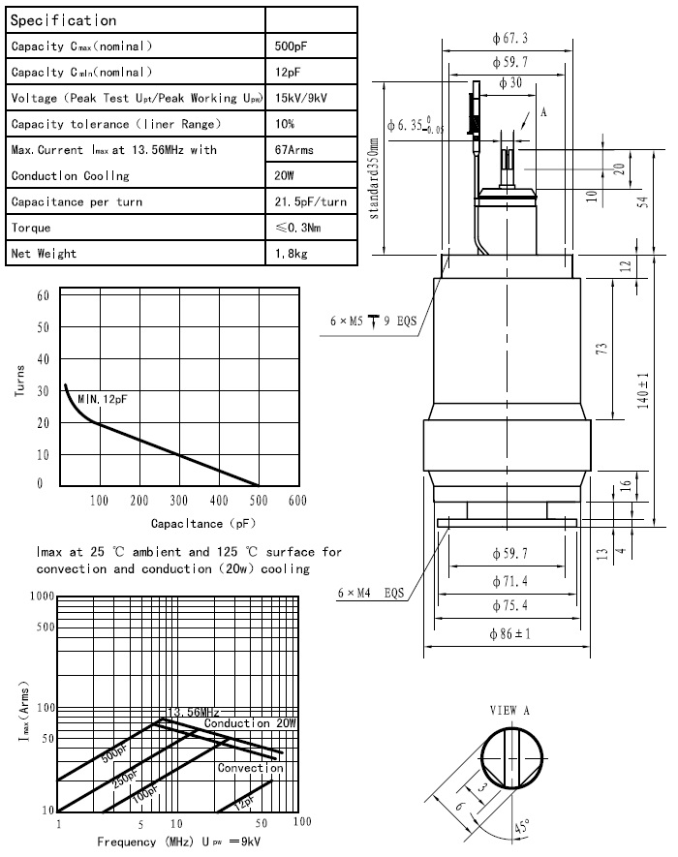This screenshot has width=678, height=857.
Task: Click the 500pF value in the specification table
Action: [292, 46]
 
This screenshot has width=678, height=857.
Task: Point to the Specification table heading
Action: [64, 20]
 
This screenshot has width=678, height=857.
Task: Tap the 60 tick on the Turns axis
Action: [43, 295]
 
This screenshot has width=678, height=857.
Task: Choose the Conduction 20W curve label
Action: [251, 723]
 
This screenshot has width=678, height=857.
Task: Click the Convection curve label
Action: [250, 768]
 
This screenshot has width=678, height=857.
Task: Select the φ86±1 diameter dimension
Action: [511, 634]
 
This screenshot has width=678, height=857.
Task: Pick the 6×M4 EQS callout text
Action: [370, 592]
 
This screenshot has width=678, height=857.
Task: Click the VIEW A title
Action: [510, 710]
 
